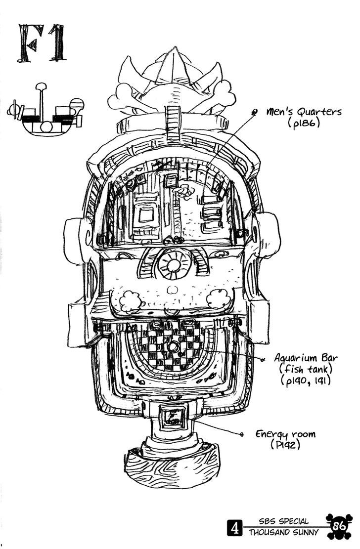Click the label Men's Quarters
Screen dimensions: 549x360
click(304, 112)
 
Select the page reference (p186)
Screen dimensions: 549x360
click(304, 124)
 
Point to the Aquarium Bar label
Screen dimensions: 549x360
click(303, 358)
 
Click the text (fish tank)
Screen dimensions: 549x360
click(303, 369)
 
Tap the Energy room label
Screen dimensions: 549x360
click(285, 434)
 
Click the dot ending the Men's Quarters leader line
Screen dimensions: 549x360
click(254, 113)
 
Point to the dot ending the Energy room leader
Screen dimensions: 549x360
click(241, 435)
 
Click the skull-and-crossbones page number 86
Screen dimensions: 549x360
click(338, 526)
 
